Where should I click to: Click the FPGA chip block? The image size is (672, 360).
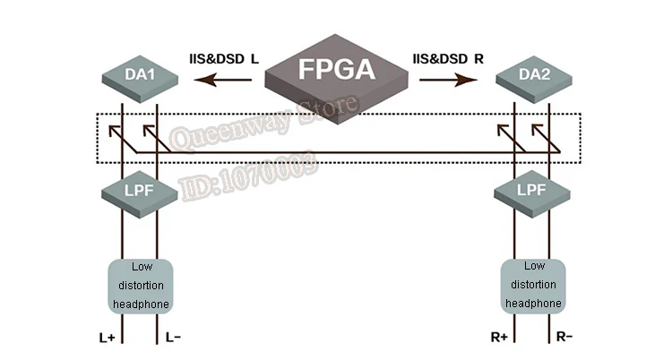point(336,80)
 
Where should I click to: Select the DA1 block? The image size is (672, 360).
point(140,79)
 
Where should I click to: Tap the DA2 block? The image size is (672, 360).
point(534,80)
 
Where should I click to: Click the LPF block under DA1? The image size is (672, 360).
point(140,193)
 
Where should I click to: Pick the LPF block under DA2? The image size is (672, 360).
point(532,193)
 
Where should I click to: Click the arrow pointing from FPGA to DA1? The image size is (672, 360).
point(223,80)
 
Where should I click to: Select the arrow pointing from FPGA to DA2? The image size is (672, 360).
point(448,80)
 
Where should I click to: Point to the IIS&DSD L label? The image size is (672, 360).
point(224,59)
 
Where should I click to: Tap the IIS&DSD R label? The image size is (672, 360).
point(448,59)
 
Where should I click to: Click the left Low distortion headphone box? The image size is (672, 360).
point(141,287)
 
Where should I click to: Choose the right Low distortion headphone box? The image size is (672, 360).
point(533,287)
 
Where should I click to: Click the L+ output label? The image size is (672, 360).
point(108,339)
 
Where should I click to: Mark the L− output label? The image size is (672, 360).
point(173,338)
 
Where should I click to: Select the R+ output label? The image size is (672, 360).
point(499,338)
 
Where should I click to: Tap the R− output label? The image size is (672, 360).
point(564,337)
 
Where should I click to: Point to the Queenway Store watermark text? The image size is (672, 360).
point(263,122)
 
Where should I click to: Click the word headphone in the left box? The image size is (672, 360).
point(141,304)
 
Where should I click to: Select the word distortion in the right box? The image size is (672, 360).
point(534,285)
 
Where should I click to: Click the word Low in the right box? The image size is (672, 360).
point(534,266)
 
